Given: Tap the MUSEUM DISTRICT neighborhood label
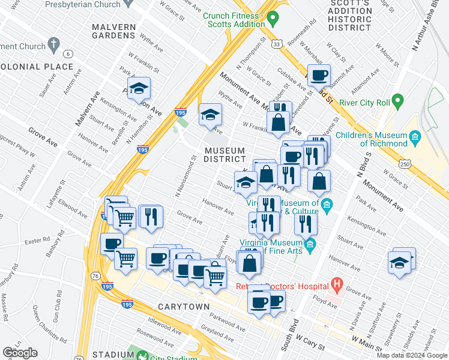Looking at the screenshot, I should tap(224, 155).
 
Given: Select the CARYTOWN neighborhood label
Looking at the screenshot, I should tap(184, 307).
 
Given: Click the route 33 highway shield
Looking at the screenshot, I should tap(277, 44).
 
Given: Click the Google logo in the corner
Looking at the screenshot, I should tap(20, 352).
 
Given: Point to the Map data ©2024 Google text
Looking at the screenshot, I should tap(411, 355).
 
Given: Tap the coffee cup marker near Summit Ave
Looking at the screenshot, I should tap(319, 76).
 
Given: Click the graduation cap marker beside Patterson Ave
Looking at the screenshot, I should tap(139, 89).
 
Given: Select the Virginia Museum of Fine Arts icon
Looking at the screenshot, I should tap(310, 244).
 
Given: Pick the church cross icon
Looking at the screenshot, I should tap(54, 44).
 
